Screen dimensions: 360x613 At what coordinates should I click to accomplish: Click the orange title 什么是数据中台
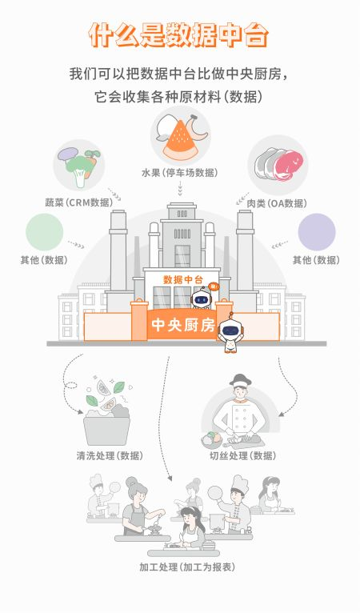pyautogui.click(x=178, y=35)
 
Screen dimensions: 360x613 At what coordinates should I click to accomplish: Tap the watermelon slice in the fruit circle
pyautogui.click(x=180, y=141)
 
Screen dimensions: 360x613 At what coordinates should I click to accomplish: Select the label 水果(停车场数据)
pyautogui.click(x=180, y=172)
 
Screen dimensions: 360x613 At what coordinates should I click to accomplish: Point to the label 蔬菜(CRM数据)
pyautogui.click(x=78, y=202)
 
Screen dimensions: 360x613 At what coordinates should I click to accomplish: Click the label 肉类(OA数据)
pyautogui.click(x=277, y=203)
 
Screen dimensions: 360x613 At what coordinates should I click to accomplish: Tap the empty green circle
pyautogui.click(x=45, y=232)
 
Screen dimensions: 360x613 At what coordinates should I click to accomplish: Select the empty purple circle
pyautogui.click(x=317, y=232)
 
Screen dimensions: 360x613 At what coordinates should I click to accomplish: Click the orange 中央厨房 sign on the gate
pyautogui.click(x=183, y=324)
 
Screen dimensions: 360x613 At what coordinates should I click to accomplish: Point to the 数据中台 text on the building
pyautogui.click(x=183, y=279)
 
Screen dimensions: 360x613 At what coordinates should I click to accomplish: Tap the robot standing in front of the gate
pyautogui.click(x=230, y=333)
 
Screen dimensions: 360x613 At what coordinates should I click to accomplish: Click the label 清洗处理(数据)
pyautogui.click(x=110, y=456)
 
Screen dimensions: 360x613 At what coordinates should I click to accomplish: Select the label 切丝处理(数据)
pyautogui.click(x=242, y=456)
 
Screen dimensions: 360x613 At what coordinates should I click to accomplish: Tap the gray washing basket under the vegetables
pyautogui.click(x=106, y=429)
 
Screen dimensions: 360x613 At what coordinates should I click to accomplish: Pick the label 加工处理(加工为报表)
pyautogui.click(x=187, y=567)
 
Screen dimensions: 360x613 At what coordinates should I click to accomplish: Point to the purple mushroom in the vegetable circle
pyautogui.click(x=68, y=154)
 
